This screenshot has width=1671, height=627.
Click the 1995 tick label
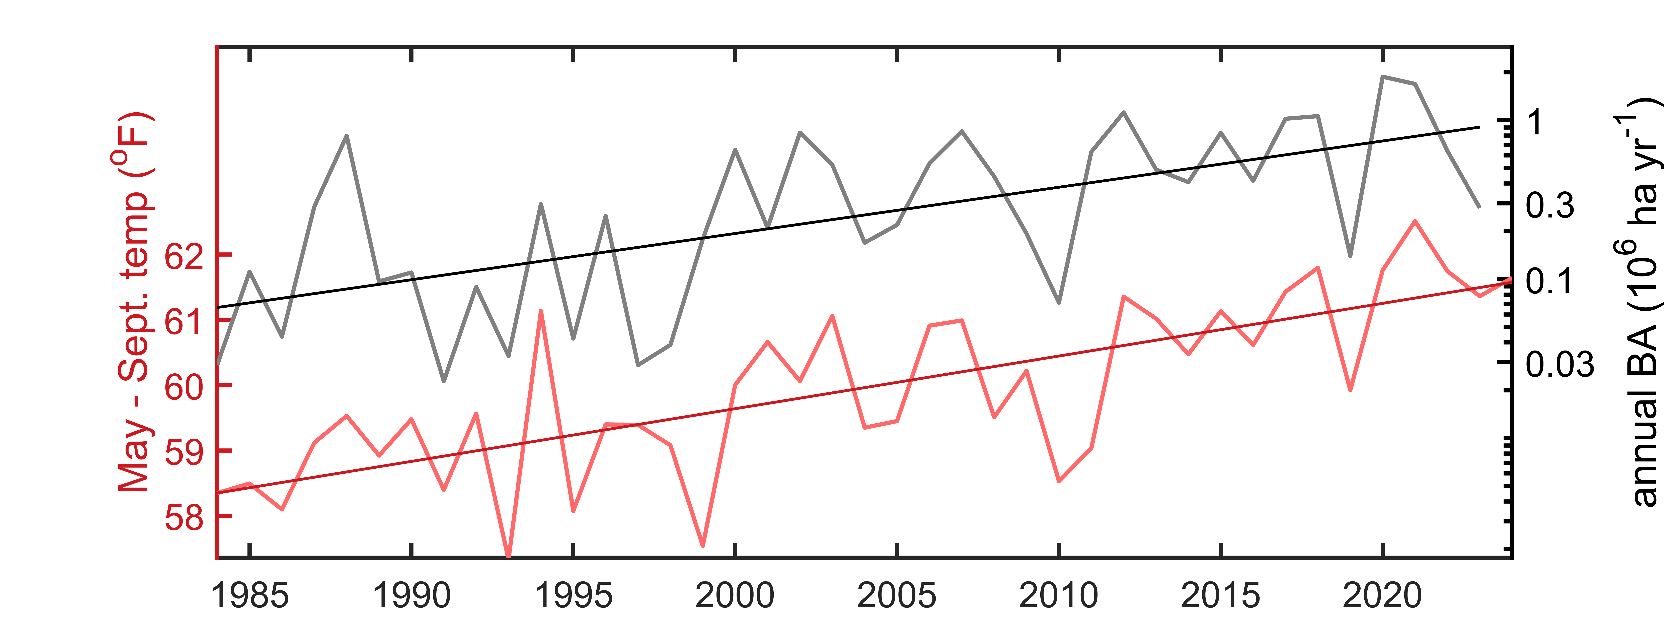pos(574,595)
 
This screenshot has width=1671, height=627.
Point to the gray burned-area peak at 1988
pos(347,136)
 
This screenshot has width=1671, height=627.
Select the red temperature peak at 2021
pos(1415,221)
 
